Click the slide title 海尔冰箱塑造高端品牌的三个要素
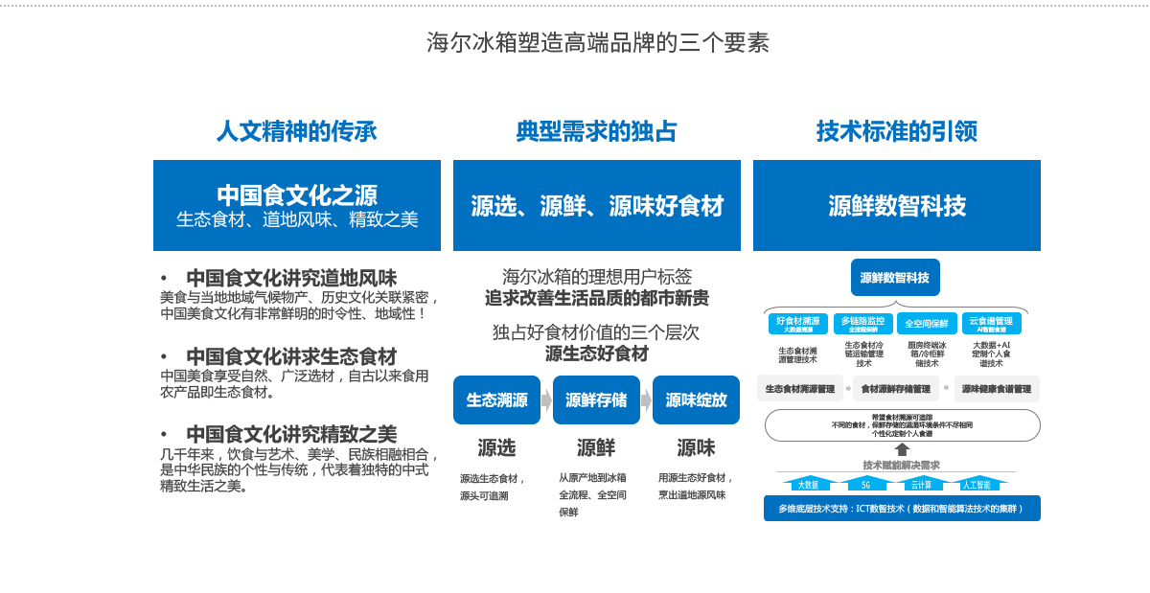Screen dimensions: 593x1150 pos(597,43)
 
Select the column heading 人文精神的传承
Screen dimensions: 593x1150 pos(296,131)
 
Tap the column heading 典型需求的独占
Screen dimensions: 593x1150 pos(596,131)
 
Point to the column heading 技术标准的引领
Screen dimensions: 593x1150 pos(896,131)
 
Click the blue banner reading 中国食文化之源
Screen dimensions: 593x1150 pos(297,204)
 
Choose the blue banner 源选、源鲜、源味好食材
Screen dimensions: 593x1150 pos(597,205)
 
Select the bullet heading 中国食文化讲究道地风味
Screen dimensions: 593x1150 pos(291,278)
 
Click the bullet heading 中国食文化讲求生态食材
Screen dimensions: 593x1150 pos(291,356)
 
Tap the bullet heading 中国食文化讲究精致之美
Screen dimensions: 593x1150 pos(291,434)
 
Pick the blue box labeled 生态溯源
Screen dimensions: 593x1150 pos(496,399)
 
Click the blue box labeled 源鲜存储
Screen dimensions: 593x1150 pos(596,399)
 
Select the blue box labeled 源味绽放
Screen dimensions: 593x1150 pos(696,399)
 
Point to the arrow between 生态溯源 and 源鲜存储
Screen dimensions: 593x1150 pos(546,400)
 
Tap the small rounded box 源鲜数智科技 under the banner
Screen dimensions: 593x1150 pos(895,278)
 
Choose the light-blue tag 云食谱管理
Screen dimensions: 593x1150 pos(991,324)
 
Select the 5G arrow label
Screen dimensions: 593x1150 pos(865,484)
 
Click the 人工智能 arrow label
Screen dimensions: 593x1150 pos(976,484)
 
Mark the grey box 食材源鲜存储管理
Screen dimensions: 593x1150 pos(895,389)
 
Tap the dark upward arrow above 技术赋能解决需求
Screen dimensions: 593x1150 pos(902,449)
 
